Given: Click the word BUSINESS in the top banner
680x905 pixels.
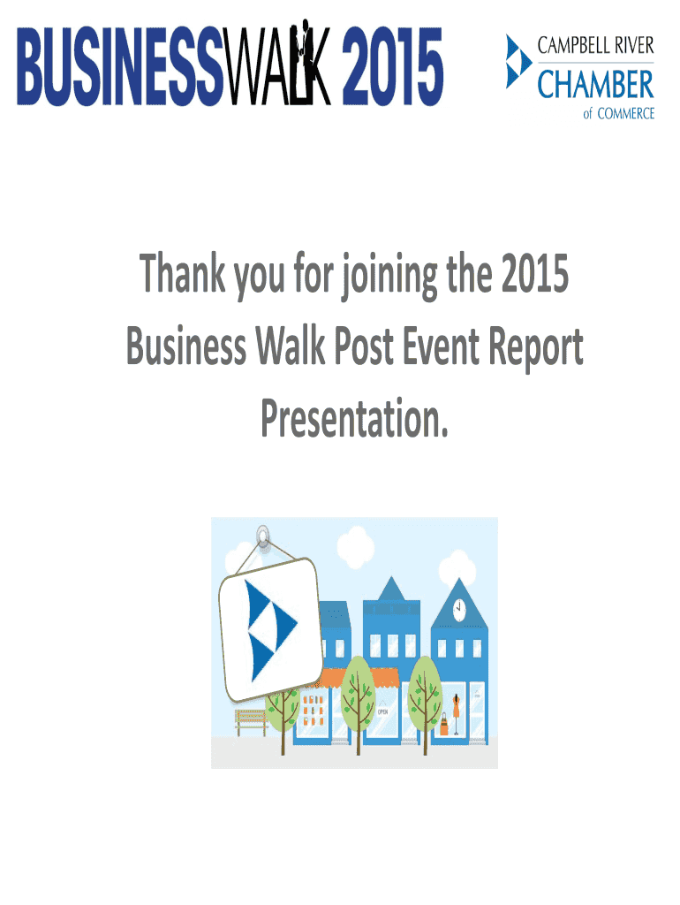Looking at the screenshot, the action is coord(120,66).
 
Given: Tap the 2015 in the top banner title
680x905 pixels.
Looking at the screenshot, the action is coord(392,66).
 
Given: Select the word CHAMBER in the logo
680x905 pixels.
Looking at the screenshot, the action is coord(596,84).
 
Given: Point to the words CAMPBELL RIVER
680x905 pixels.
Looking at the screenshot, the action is coord(596,46).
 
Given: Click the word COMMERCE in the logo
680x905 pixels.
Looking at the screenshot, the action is coord(626,114).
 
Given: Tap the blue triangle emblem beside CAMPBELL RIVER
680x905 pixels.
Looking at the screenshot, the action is coord(518,61).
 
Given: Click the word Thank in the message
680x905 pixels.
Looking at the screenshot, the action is coord(182,273).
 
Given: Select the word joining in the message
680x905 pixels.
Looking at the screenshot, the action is coord(389,277).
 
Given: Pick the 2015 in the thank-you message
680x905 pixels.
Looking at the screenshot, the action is coord(534,274).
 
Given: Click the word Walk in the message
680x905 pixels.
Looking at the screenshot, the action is coord(291,346).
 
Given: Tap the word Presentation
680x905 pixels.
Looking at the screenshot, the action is coord(355,418).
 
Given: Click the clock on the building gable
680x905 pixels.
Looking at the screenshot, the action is coord(459,608).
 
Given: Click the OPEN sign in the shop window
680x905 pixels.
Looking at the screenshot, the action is coord(383,711).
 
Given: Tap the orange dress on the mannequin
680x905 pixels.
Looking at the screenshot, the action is coord(457,705).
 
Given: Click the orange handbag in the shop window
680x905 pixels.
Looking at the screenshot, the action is coord(443,724).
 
